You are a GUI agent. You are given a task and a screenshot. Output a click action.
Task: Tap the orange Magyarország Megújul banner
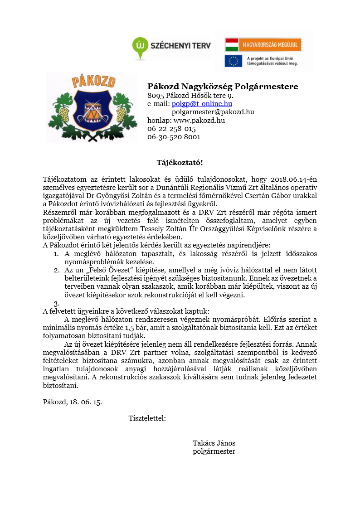(263, 44)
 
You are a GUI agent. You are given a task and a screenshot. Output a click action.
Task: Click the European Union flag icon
(233, 61)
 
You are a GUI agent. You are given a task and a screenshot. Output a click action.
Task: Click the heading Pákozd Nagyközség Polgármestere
(223, 87)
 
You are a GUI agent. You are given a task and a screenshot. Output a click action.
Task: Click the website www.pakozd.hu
(199, 121)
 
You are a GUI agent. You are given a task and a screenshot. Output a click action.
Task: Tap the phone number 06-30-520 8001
(174, 137)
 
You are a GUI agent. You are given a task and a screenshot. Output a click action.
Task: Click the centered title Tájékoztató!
(180, 162)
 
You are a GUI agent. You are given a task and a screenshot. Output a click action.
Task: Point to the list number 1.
(56, 254)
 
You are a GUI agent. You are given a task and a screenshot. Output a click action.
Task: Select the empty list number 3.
(56, 303)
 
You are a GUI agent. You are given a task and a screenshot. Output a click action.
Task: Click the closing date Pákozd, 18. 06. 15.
(72, 402)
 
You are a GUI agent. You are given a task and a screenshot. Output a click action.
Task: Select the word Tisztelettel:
(147, 418)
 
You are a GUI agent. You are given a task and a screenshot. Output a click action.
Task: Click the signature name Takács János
(214, 443)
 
